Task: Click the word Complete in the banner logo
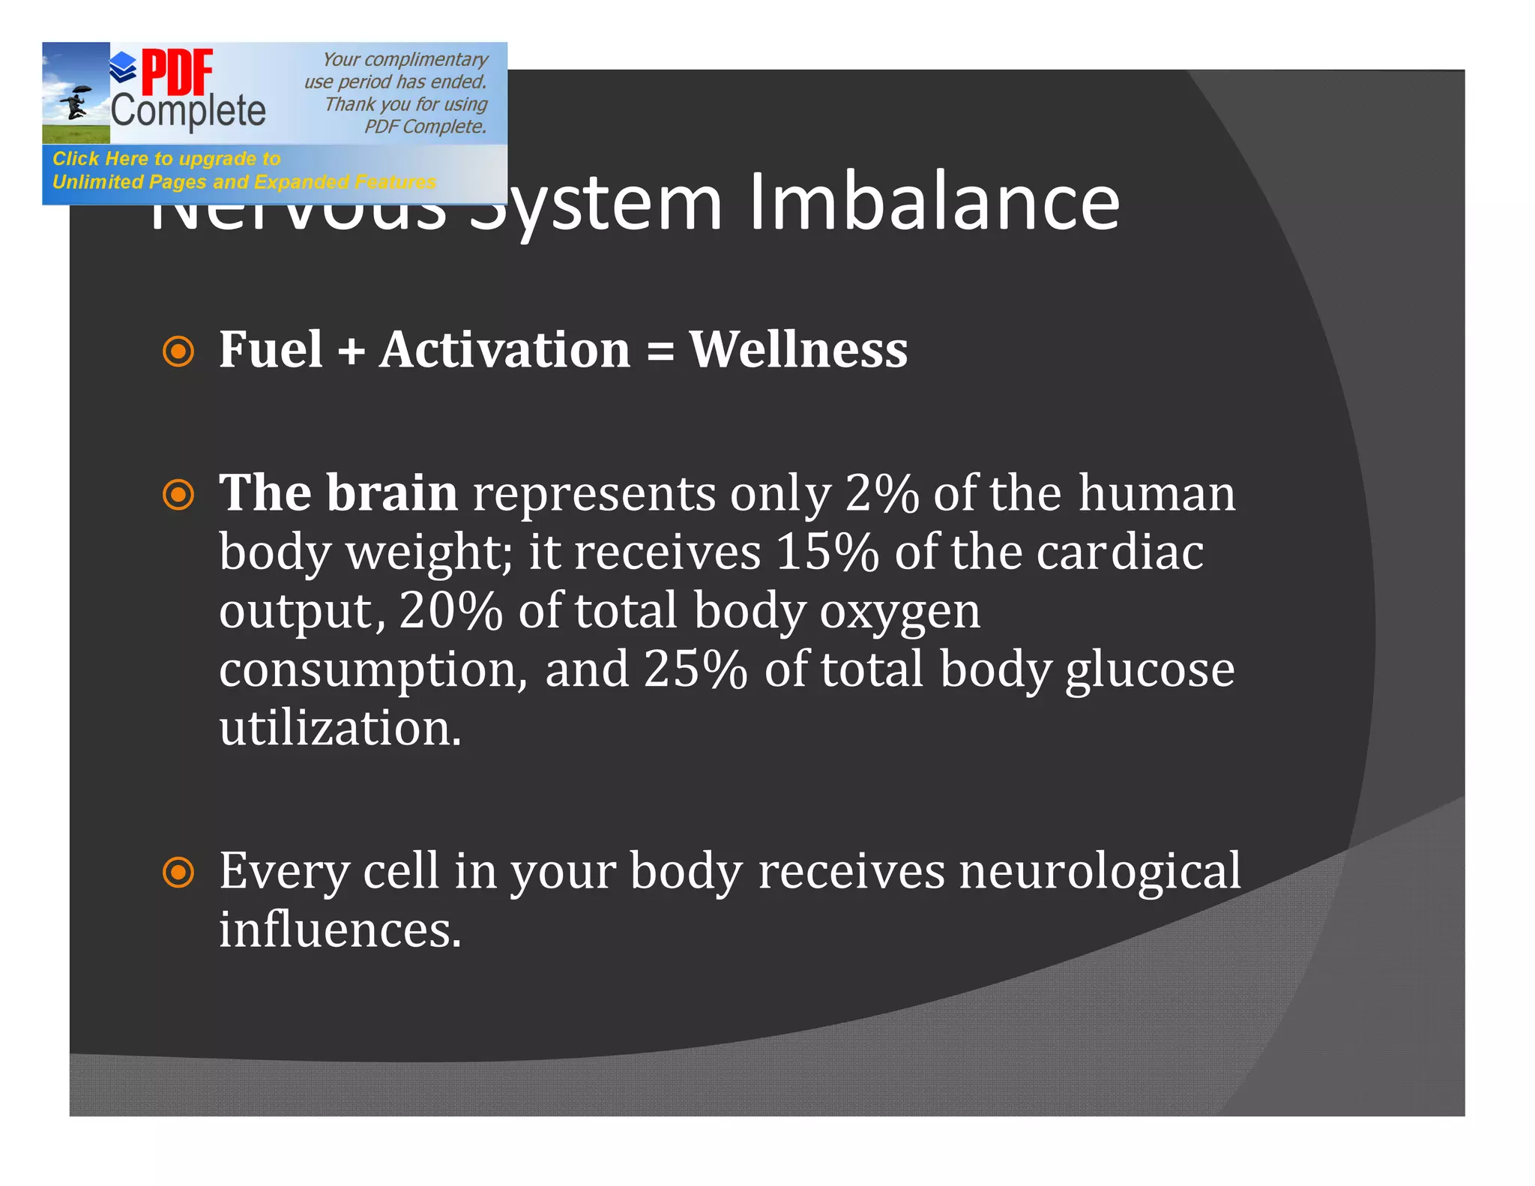[188, 111]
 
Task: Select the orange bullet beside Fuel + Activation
[178, 351]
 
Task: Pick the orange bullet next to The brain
[178, 495]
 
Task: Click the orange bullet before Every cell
[178, 872]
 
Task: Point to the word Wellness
[798, 349]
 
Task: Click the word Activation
[504, 349]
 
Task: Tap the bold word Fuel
[271, 349]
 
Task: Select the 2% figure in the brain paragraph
[881, 494]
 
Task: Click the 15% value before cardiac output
[827, 553]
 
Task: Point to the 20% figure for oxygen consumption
[450, 611]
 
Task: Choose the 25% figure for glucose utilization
[695, 669]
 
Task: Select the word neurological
[1100, 871]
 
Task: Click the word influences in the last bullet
[340, 930]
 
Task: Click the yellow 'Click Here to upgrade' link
[166, 159]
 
